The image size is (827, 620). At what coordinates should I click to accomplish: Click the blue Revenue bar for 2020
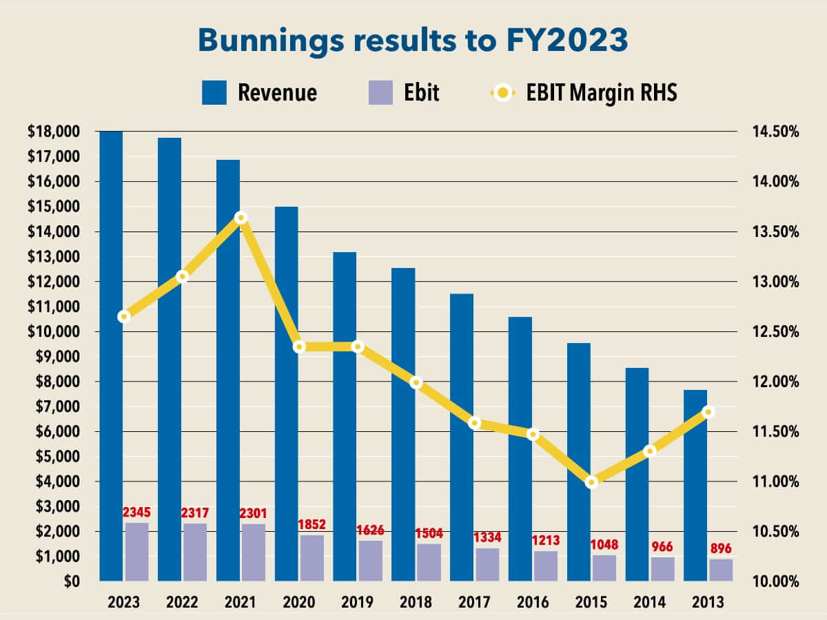pos(287,393)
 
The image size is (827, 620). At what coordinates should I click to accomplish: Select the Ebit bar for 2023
pos(136,552)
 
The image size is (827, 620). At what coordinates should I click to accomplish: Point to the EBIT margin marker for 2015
pos(591,482)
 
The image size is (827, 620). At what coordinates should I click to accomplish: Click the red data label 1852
pos(311,524)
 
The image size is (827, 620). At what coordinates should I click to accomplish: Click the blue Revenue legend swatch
pos(214,92)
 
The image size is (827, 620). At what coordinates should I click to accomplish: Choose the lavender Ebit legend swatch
pos(380,92)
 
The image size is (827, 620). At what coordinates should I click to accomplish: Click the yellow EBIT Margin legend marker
pos(503,92)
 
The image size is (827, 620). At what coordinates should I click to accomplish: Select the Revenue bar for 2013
pos(696,485)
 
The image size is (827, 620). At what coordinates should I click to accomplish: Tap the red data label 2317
pos(194,513)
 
